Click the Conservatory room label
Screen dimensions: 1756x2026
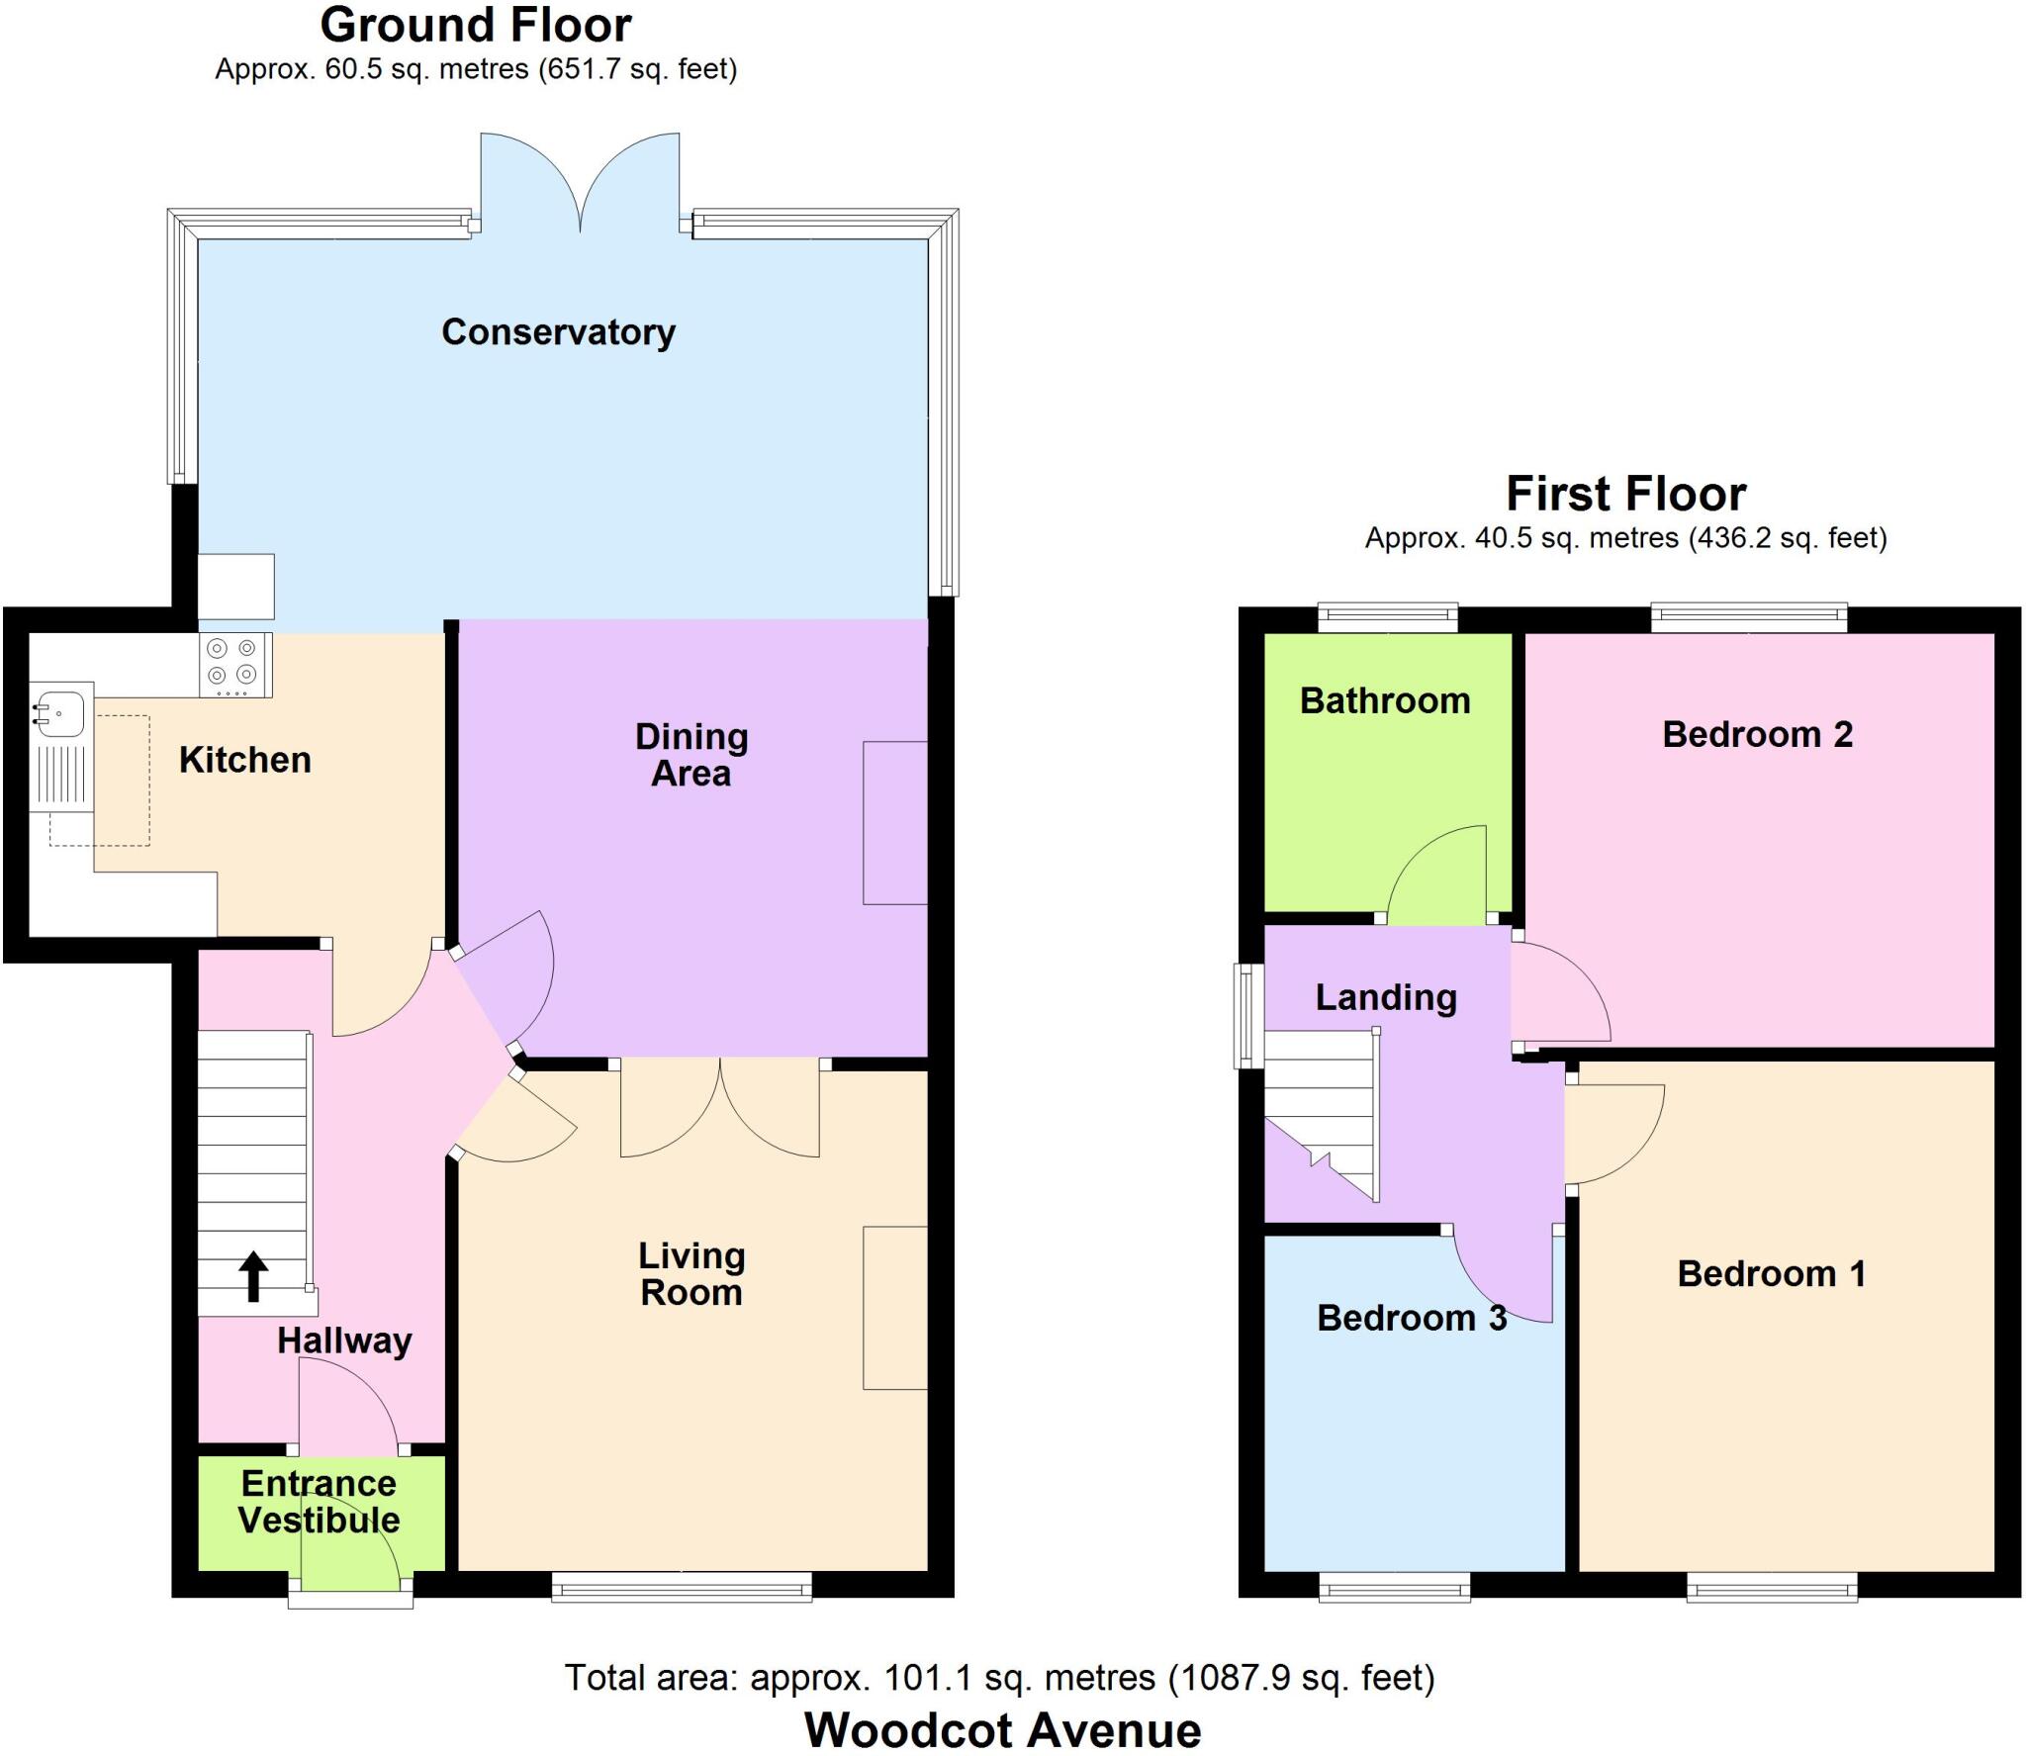click(x=558, y=332)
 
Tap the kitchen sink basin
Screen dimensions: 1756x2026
click(x=59, y=712)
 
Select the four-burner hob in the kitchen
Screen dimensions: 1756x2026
click(x=233, y=663)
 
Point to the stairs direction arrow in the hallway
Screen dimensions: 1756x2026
click(x=253, y=1275)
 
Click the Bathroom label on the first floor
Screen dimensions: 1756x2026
click(x=1384, y=700)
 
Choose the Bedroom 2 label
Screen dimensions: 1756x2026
click(x=1757, y=734)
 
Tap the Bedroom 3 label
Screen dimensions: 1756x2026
click(x=1412, y=1318)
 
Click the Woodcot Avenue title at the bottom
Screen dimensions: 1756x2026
click(x=1002, y=1730)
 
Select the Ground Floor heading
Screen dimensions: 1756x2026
click(x=476, y=26)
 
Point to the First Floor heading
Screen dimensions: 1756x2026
click(x=1625, y=494)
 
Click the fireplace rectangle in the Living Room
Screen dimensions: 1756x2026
click(x=894, y=1308)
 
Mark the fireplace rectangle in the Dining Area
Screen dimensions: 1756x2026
click(x=894, y=822)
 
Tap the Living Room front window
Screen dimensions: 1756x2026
click(x=682, y=1588)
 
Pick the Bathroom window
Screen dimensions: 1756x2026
click(x=1388, y=618)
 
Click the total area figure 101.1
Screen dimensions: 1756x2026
click(x=925, y=1678)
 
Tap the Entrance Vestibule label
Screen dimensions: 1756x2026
click(x=320, y=1502)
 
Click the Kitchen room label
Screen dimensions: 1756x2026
click(x=245, y=760)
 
